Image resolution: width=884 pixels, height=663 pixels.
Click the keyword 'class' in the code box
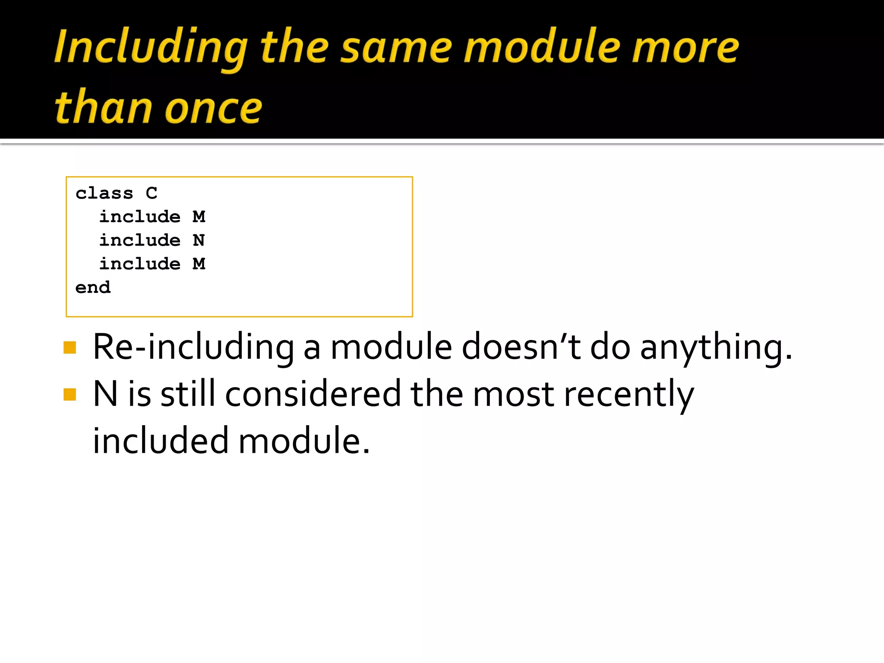tap(104, 193)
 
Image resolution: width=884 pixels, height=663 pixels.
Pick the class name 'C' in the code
tap(152, 193)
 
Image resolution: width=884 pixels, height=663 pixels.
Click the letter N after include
tap(199, 240)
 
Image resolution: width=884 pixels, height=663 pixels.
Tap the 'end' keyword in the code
tap(93, 287)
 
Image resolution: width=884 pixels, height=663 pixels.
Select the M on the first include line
tap(199, 217)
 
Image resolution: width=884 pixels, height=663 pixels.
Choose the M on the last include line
tap(199, 264)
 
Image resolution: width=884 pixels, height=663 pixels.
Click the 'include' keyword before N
tap(140, 240)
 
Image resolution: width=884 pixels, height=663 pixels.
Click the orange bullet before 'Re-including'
tap(69, 347)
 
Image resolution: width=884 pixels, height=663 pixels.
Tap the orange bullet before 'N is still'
tap(69, 395)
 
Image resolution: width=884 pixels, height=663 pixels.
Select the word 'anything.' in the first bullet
tap(716, 347)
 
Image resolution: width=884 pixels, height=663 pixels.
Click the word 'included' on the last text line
tap(161, 441)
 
